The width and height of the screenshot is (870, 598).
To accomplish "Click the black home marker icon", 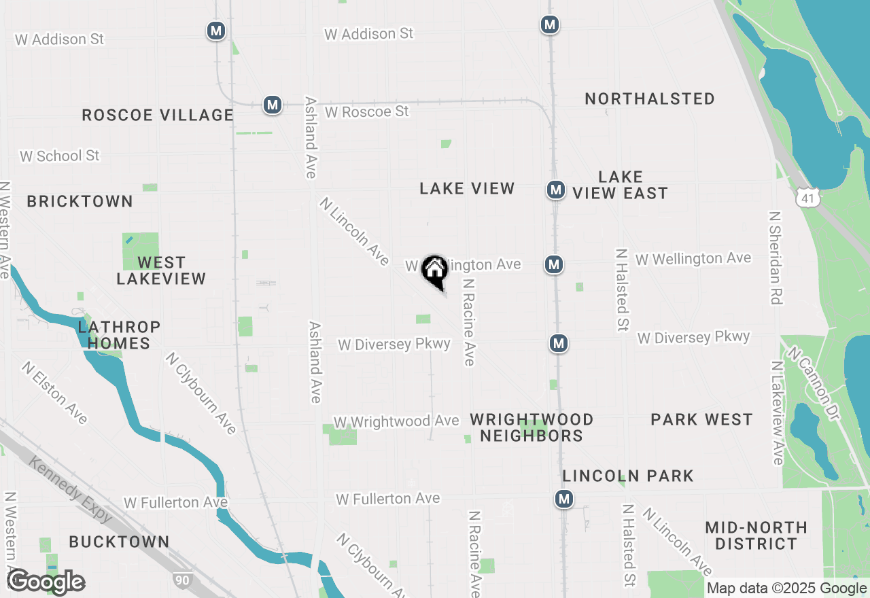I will click(434, 270).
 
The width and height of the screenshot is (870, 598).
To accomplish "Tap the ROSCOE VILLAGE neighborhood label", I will click(158, 115).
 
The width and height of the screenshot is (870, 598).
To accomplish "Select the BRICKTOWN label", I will click(80, 201).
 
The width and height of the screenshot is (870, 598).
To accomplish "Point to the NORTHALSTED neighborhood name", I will click(650, 99).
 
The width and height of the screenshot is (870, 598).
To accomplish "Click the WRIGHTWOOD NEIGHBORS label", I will click(532, 427).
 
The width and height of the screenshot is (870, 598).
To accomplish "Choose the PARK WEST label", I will click(701, 419).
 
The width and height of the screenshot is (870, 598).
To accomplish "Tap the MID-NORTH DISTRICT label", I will click(756, 535).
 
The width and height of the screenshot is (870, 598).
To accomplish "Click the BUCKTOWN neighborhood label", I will click(119, 542).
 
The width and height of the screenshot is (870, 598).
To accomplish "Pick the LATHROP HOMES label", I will click(119, 335).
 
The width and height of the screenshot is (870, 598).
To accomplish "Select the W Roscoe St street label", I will click(367, 111).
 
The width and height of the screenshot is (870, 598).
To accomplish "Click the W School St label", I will click(60, 156).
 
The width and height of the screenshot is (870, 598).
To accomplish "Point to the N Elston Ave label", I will click(54, 392).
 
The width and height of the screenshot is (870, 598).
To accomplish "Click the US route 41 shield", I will click(807, 198).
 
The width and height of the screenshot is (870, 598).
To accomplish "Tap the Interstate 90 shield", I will click(182, 580).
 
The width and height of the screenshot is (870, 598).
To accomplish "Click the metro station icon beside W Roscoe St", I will click(273, 105).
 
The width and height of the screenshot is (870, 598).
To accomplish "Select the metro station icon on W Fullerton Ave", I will click(563, 499).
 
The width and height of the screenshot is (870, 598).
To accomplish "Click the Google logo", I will click(46, 582).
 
